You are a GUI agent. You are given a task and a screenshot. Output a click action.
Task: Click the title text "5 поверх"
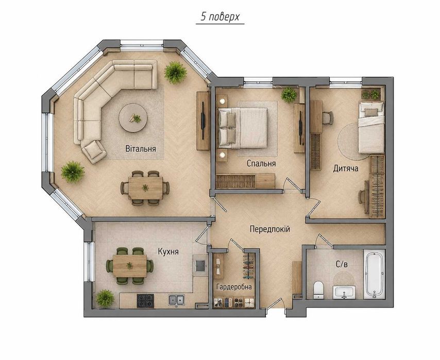(x=220, y=17)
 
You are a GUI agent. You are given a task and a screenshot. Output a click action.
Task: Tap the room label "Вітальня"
(x=141, y=148)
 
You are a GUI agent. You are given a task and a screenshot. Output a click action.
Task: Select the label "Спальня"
(x=261, y=163)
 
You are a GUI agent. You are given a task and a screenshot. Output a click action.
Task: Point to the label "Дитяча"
(x=345, y=168)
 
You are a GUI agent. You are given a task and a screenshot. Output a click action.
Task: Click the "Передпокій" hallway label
(x=269, y=229)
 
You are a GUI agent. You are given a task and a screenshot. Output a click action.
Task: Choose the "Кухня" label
(x=168, y=251)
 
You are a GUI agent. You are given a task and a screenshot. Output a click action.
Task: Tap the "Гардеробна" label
(x=234, y=287)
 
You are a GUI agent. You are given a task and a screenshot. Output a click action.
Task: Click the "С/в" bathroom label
(x=342, y=264)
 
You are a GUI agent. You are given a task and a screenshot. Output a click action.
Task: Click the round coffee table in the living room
(x=133, y=118)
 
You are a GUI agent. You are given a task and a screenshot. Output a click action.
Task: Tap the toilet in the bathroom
(x=318, y=290)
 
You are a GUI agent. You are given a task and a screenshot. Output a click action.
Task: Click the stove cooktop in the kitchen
(x=145, y=300)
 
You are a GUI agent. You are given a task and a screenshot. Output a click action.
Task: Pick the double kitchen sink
(x=177, y=300)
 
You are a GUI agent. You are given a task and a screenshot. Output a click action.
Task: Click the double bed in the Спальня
(x=243, y=128)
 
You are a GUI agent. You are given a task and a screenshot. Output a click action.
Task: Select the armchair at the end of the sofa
(x=94, y=151)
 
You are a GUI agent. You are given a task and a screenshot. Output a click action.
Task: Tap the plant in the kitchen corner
(x=105, y=298)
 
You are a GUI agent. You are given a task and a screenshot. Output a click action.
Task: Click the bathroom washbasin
(x=344, y=293)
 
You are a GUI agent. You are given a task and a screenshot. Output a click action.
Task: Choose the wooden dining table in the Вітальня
(x=145, y=187)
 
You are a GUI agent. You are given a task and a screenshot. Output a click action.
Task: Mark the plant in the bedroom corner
(x=289, y=95)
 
